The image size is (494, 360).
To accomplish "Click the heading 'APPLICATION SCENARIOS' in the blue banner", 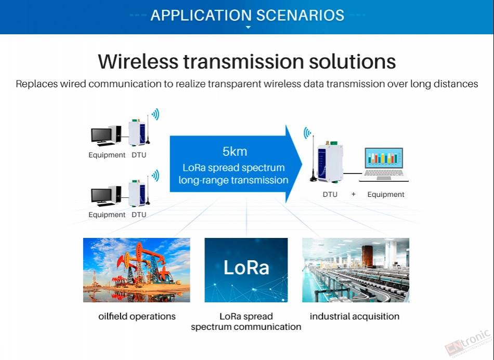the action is (x=248, y=16).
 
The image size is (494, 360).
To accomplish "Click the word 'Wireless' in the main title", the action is (x=138, y=61).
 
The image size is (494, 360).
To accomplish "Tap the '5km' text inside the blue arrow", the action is (x=235, y=151).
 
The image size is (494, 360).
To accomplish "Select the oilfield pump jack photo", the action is (x=136, y=270).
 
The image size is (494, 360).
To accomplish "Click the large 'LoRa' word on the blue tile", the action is (x=246, y=268).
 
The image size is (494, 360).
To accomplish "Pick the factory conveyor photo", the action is (x=356, y=270).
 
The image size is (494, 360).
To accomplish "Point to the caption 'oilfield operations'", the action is (x=137, y=316).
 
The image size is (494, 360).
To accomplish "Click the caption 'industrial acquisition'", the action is (x=355, y=316).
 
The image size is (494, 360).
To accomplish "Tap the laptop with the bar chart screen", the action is (x=384, y=165).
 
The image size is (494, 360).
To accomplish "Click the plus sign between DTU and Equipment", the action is (x=354, y=194).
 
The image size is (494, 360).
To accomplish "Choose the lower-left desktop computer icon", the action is (x=106, y=196).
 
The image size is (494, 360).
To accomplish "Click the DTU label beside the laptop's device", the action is (x=330, y=194).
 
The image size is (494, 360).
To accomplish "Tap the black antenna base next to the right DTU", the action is (x=314, y=179).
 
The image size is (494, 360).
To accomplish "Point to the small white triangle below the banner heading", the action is (x=248, y=28).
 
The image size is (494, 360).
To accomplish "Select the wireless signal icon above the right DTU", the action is (x=307, y=133).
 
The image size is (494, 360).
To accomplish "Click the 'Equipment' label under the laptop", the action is (x=386, y=194).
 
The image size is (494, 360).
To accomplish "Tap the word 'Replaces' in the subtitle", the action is (x=37, y=84).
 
